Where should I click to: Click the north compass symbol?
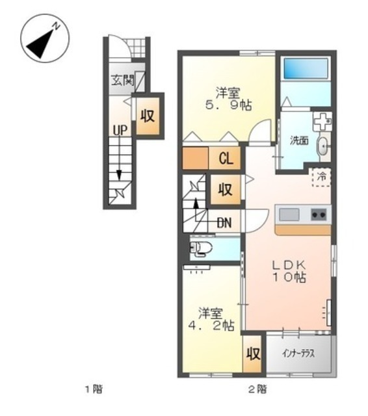tap(45, 38)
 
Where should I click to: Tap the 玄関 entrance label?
tap(123, 80)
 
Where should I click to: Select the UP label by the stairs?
tap(120, 130)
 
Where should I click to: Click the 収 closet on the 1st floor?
tap(148, 116)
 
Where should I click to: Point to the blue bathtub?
tap(306, 68)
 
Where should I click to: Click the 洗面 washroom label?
tap(299, 140)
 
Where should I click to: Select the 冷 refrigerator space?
tap(322, 177)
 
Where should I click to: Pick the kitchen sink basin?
tap(289, 214)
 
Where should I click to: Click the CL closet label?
tap(226, 159)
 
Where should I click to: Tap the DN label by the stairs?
tap(224, 223)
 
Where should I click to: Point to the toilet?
tap(202, 249)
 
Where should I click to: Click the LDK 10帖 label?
tap(289, 271)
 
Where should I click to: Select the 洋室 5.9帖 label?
tap(228, 99)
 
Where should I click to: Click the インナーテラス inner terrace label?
tap(298, 354)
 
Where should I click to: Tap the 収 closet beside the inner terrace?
tap(253, 354)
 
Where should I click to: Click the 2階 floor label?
tap(257, 389)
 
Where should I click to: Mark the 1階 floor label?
tap(94, 389)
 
